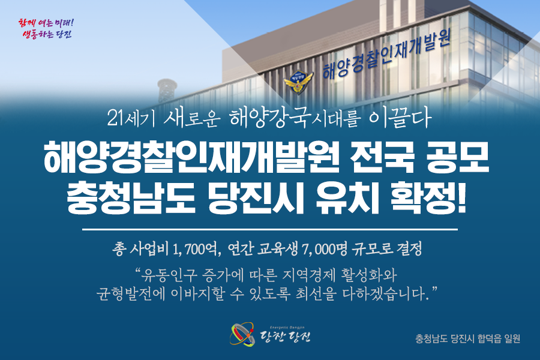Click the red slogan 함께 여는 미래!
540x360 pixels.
pyautogui.click(x=46, y=23)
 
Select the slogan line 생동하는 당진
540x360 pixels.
pyautogui.click(x=47, y=34)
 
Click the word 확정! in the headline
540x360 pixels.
pyautogui.click(x=429, y=198)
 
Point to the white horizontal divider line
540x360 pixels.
pyautogui.click(x=270, y=229)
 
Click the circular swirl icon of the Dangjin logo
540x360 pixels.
pyautogui.click(x=243, y=334)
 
